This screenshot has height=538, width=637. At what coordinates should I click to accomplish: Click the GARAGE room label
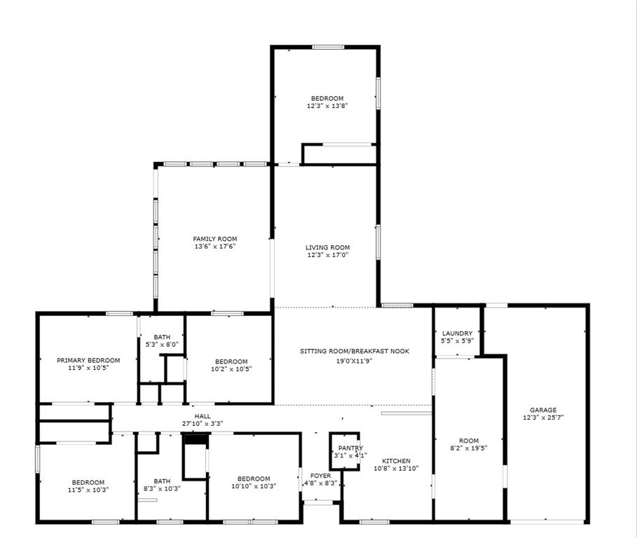pos(543,410)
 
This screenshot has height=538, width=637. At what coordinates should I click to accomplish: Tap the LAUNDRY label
pos(457,333)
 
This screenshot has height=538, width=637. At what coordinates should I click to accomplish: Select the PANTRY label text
pos(350,448)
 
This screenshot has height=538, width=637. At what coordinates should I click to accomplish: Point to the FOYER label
pos(321,476)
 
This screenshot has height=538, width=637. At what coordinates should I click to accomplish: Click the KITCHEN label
pos(396,461)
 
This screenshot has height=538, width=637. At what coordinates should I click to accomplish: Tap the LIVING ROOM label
pos(327,247)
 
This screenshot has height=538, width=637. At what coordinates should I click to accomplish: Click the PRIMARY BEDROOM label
pos(88,360)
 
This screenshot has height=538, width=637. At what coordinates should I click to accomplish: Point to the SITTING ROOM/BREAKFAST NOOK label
pos(355,351)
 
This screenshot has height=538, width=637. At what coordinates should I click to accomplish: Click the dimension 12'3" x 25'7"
pos(543,418)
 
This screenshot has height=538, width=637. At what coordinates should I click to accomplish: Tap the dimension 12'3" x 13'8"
pos(327,106)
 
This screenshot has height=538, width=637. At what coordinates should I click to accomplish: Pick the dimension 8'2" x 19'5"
pos(469,448)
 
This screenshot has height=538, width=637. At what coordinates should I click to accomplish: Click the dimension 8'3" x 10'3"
pos(162,488)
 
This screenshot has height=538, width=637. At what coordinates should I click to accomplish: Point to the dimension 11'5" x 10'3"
pos(88,490)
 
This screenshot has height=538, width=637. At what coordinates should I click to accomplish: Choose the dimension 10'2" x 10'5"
pos(231,368)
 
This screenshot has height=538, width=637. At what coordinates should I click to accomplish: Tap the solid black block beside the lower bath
pos(196,439)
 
